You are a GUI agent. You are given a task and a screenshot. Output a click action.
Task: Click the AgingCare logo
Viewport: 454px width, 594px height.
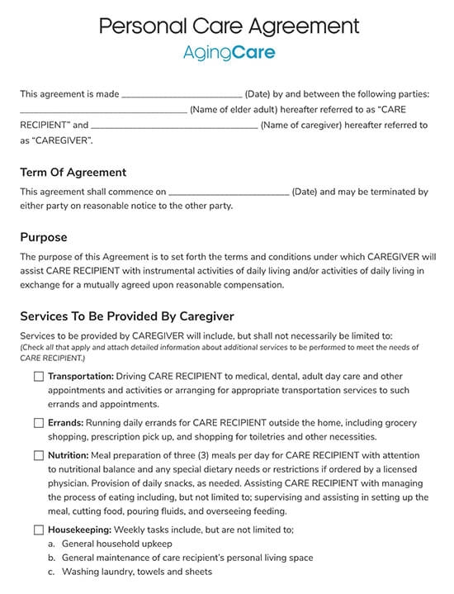tap(229, 54)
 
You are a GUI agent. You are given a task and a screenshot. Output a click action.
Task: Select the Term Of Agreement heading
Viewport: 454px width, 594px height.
tap(73, 173)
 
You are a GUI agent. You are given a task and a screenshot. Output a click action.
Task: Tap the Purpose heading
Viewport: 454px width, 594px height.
tap(43, 237)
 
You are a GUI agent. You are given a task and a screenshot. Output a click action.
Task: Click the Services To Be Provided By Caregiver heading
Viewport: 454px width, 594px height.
tap(127, 316)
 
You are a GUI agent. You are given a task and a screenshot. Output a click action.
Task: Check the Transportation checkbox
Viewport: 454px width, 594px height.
tap(39, 376)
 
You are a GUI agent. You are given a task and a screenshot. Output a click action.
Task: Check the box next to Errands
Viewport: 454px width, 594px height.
tap(39, 423)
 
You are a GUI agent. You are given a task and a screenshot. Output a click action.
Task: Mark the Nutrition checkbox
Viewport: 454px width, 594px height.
tap(39, 455)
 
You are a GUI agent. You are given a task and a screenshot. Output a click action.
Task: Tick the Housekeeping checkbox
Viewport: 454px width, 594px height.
tap(39, 530)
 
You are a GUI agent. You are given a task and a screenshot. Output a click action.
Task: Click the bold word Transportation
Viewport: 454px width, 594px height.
tap(80, 376)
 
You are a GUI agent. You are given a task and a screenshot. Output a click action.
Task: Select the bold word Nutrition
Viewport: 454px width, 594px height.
tap(68, 455)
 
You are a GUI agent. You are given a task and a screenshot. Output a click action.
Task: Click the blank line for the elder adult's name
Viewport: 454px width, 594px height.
tap(103, 111)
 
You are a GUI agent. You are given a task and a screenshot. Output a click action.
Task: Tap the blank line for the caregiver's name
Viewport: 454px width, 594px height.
tap(174, 126)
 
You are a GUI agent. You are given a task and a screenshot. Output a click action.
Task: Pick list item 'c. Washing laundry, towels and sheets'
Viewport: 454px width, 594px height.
tap(130, 572)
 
